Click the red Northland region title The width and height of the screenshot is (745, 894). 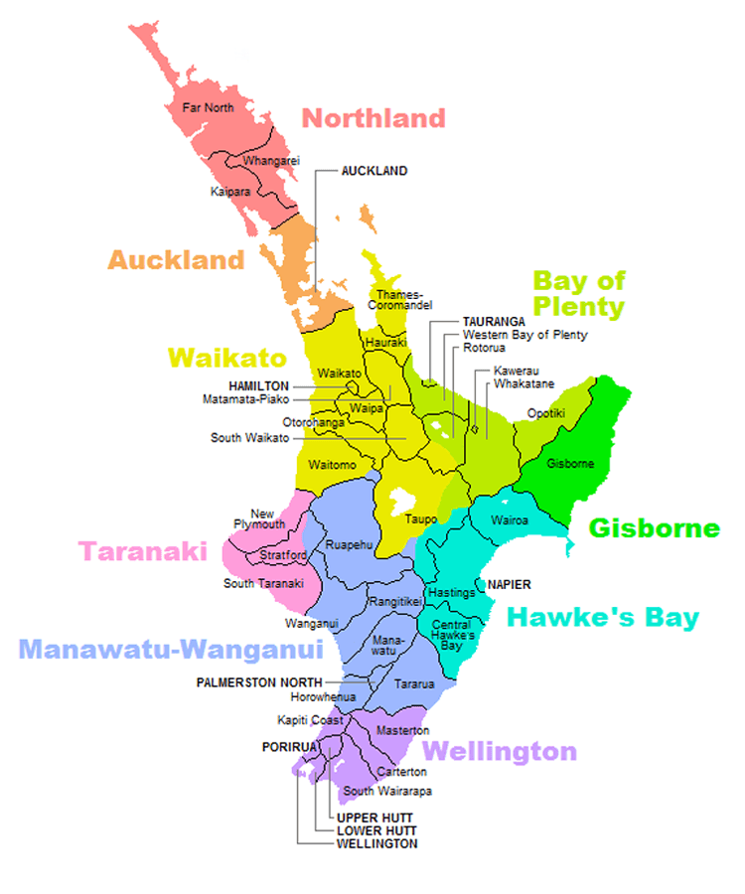[373, 118]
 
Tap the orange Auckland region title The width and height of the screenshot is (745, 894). [176, 260]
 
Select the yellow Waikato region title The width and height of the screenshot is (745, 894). [227, 358]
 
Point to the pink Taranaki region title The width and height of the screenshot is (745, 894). [143, 550]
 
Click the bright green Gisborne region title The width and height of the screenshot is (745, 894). [655, 527]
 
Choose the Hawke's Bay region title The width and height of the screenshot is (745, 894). [603, 618]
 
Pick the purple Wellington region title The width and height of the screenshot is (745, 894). [500, 751]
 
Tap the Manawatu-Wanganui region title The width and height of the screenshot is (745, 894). [172, 650]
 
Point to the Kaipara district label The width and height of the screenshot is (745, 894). [230, 191]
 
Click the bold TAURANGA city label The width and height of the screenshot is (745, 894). [494, 322]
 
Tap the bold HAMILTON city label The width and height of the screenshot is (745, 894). [258, 385]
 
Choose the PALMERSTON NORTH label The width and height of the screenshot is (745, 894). [259, 682]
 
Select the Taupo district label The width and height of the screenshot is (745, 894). [421, 519]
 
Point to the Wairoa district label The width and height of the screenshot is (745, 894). [510, 520]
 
